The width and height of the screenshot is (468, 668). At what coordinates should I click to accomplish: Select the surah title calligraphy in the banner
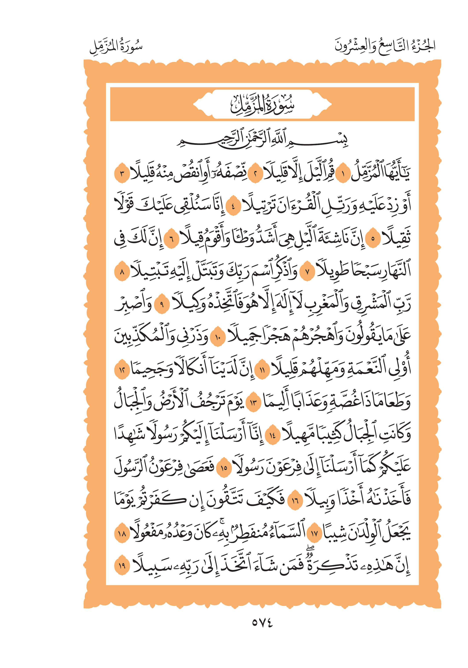pos(262,104)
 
